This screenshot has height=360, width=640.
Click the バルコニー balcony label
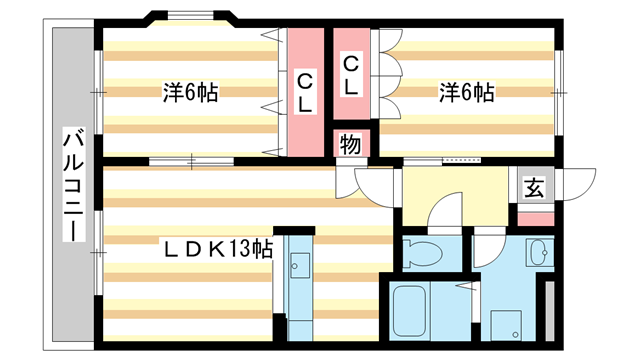pos(73,184)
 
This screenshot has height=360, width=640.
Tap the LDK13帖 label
pos(219,248)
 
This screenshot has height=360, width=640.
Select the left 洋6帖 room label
pos(190,93)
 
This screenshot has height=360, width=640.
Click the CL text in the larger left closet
pos(306,91)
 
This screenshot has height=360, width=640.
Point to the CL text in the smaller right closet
pos(352,76)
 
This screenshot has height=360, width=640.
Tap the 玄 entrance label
pos(535,186)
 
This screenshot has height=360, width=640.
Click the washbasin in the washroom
pos(540,251)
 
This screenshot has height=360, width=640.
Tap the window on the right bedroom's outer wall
pos(559,92)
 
